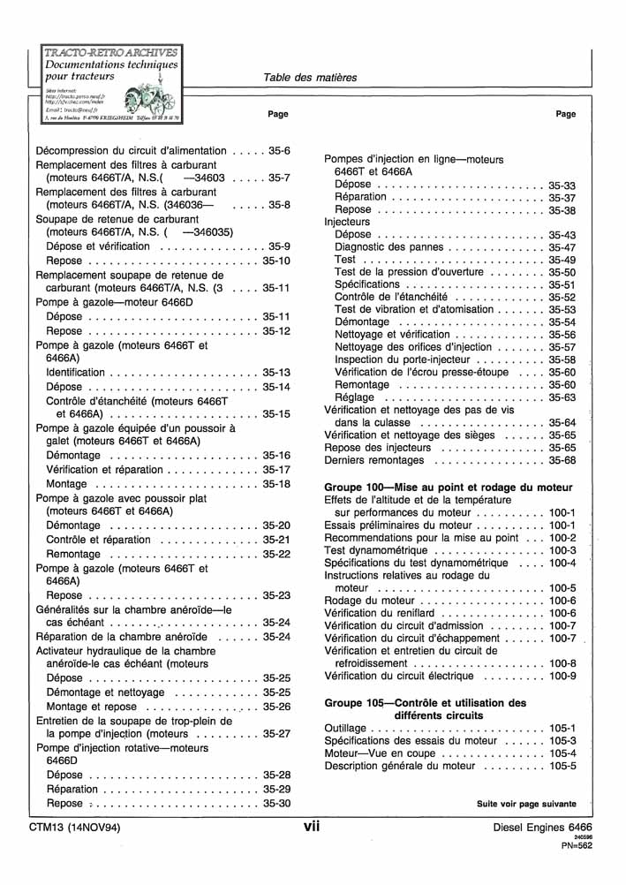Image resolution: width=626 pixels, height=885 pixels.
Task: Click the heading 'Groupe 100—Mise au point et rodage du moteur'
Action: click(449, 488)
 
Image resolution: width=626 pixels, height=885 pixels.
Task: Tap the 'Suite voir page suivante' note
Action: click(526, 804)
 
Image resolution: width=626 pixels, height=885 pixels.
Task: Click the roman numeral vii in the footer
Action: click(311, 826)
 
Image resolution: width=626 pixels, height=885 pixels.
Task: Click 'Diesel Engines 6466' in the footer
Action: click(542, 828)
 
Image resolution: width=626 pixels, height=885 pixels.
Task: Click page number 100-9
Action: click(562, 677)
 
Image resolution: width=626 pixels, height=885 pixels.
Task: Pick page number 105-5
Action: click(562, 766)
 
